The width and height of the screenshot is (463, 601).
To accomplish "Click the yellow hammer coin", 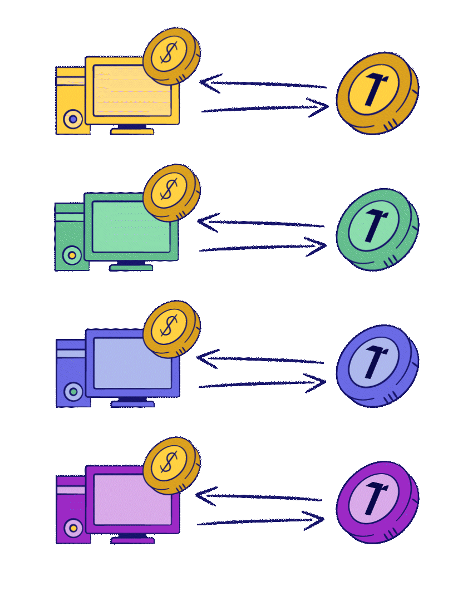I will pos(376,93).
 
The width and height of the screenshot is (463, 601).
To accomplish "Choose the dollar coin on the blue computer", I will pos(171,328).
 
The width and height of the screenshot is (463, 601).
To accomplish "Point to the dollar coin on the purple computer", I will pos(171,465).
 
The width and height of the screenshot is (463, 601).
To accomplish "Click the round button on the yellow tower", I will pos(73,119).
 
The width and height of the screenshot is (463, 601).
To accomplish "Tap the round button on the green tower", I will pos(72,255).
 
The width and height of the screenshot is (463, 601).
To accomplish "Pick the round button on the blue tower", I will pos(73,391).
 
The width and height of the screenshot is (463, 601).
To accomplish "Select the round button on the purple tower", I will pos(73,528).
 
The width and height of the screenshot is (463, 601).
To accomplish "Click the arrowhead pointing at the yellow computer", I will pos(208,83).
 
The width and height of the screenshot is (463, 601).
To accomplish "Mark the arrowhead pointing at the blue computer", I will pos(205,358).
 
